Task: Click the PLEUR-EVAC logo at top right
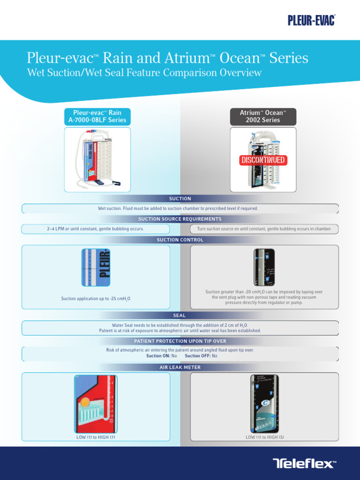click(x=311, y=20)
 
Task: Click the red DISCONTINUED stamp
click(x=263, y=160)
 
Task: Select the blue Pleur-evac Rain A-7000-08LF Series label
click(x=97, y=116)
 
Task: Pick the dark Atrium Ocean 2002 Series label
click(x=262, y=116)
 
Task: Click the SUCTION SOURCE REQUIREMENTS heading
click(x=180, y=219)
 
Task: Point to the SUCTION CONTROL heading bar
click(x=180, y=240)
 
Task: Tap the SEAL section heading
click(x=180, y=315)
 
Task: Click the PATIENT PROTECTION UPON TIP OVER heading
click(x=180, y=341)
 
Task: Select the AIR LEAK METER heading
click(x=180, y=367)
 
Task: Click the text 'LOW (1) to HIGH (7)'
click(x=96, y=437)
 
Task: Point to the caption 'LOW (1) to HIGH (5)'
click(x=265, y=437)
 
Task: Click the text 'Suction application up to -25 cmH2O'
click(x=96, y=299)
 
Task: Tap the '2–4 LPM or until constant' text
click(x=95, y=229)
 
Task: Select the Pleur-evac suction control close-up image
click(x=96, y=267)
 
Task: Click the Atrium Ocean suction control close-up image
click(x=264, y=267)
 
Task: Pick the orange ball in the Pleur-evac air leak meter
click(x=85, y=402)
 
